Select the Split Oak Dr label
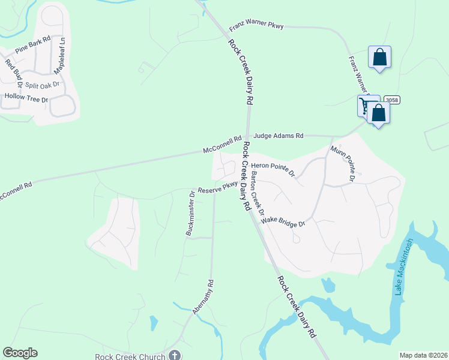[42, 85]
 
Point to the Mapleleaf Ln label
[59, 56]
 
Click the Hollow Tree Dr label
[25, 97]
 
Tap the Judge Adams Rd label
[279, 136]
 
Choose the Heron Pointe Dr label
[273, 169]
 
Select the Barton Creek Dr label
[258, 193]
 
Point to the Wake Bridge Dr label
[284, 223]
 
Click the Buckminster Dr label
[190, 214]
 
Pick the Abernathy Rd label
[203, 297]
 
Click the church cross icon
[175, 355]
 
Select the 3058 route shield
[390, 100]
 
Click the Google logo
[20, 353]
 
